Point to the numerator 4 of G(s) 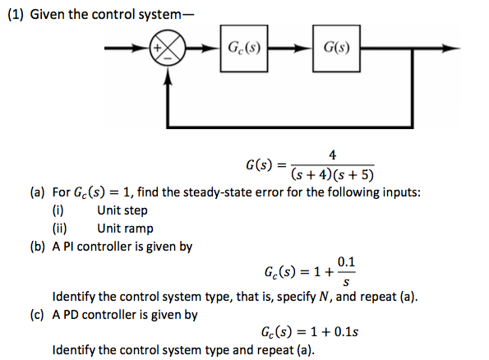click(x=331, y=155)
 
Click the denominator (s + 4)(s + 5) click(x=331, y=174)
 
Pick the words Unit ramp click(x=125, y=229)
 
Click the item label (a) click(x=38, y=192)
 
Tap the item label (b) click(x=38, y=247)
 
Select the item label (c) click(x=38, y=314)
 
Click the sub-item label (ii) click(x=59, y=229)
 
